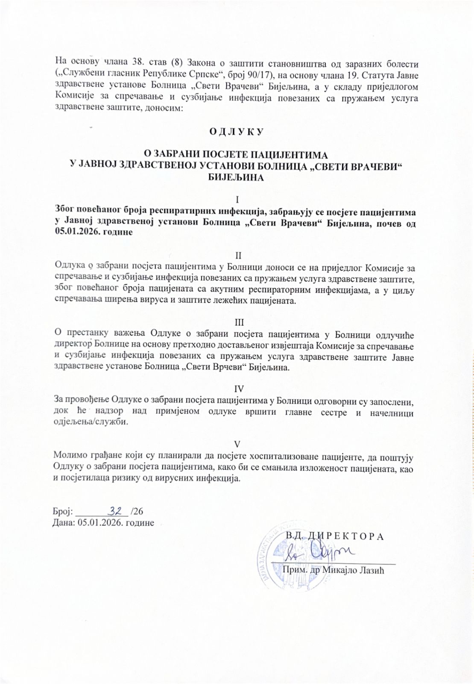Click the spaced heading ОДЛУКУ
tap(237, 132)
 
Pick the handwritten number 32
tap(116, 511)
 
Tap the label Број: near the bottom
tap(63, 512)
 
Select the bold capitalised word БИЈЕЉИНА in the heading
tap(236, 178)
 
